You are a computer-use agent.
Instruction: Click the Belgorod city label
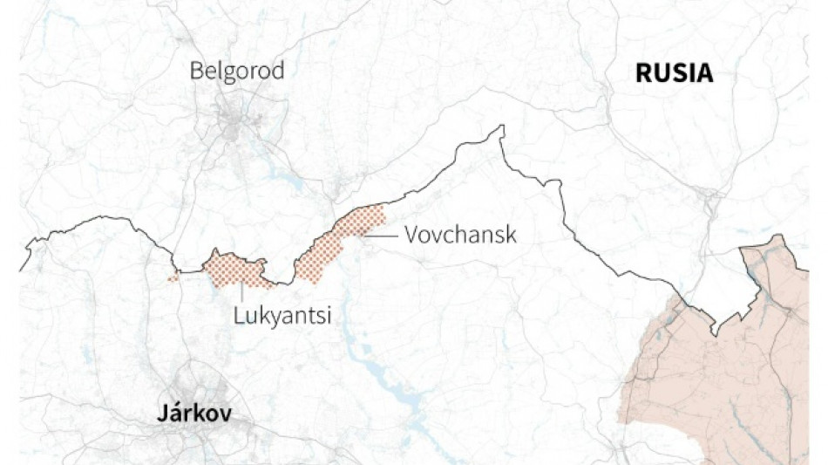tap(237, 71)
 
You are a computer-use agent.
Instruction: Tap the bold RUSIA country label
tap(674, 73)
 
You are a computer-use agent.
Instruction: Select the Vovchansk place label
tap(460, 234)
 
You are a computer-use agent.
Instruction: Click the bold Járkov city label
tap(194, 414)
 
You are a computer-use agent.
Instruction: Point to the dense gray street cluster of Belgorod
tap(234, 127)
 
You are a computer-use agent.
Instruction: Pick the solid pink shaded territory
tap(732, 375)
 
